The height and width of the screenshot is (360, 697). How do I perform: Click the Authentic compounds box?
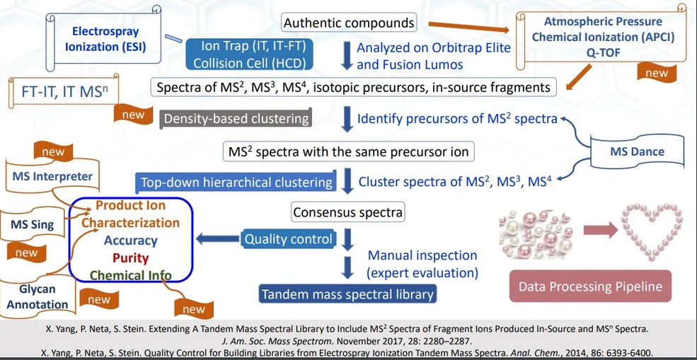coord(349,23)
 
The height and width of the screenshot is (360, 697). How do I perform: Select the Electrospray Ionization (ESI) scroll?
coord(105,39)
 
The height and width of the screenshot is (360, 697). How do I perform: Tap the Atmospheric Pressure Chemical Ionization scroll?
coord(602,36)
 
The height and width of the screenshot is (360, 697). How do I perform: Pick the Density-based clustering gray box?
coord(236,118)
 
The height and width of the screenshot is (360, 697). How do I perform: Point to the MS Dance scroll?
coord(637,151)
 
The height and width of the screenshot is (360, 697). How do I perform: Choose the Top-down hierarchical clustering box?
coord(236,182)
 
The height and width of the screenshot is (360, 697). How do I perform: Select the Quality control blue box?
coord(289,239)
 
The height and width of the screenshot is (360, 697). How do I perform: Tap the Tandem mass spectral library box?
coord(347,294)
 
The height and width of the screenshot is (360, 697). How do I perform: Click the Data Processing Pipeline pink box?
coord(590,286)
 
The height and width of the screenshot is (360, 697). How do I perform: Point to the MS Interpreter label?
coord(52,176)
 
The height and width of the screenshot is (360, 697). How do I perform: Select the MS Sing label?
coord(32,225)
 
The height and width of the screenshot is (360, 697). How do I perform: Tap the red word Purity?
coord(130,258)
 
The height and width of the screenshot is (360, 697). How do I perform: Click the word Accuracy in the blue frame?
coord(130,240)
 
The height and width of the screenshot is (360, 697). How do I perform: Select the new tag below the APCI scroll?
coord(657,72)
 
